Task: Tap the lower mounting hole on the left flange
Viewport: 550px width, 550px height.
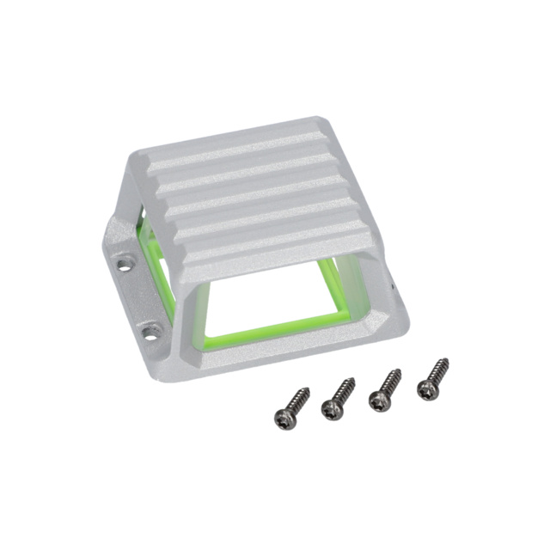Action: [151, 329]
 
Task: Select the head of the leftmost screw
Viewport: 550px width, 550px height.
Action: [285, 418]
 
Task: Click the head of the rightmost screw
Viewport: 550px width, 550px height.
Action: [426, 389]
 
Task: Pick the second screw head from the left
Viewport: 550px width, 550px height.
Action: [332, 408]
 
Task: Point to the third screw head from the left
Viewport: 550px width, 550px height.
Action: [379, 400]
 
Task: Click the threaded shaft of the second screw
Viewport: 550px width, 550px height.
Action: [344, 392]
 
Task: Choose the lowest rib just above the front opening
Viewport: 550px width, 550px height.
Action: [275, 245]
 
